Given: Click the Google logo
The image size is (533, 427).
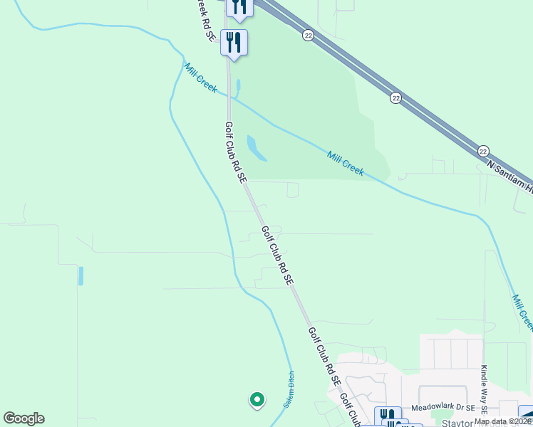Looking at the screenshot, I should (24, 418).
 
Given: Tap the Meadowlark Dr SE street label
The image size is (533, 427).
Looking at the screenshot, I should (447, 409).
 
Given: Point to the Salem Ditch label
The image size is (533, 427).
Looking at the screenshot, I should (289, 392).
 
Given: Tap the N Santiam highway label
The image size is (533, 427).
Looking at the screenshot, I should (510, 176).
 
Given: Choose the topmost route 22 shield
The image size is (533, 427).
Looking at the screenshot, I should (307, 34).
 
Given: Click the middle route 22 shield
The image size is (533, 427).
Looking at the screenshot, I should (395, 97).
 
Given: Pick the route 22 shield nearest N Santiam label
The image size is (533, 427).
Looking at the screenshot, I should (483, 150).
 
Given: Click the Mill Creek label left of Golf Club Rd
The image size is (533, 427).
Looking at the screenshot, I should (200, 79).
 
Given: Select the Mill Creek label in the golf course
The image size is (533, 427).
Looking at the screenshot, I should (346, 163).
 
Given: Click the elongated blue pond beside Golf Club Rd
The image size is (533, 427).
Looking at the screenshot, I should (256, 147).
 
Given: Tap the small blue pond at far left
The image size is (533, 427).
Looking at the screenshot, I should (81, 275).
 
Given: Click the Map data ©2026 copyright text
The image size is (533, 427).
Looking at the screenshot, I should (503, 421).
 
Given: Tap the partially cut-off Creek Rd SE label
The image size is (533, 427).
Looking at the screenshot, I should (203, 19).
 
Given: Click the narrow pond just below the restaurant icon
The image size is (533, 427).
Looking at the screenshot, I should (237, 88).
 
